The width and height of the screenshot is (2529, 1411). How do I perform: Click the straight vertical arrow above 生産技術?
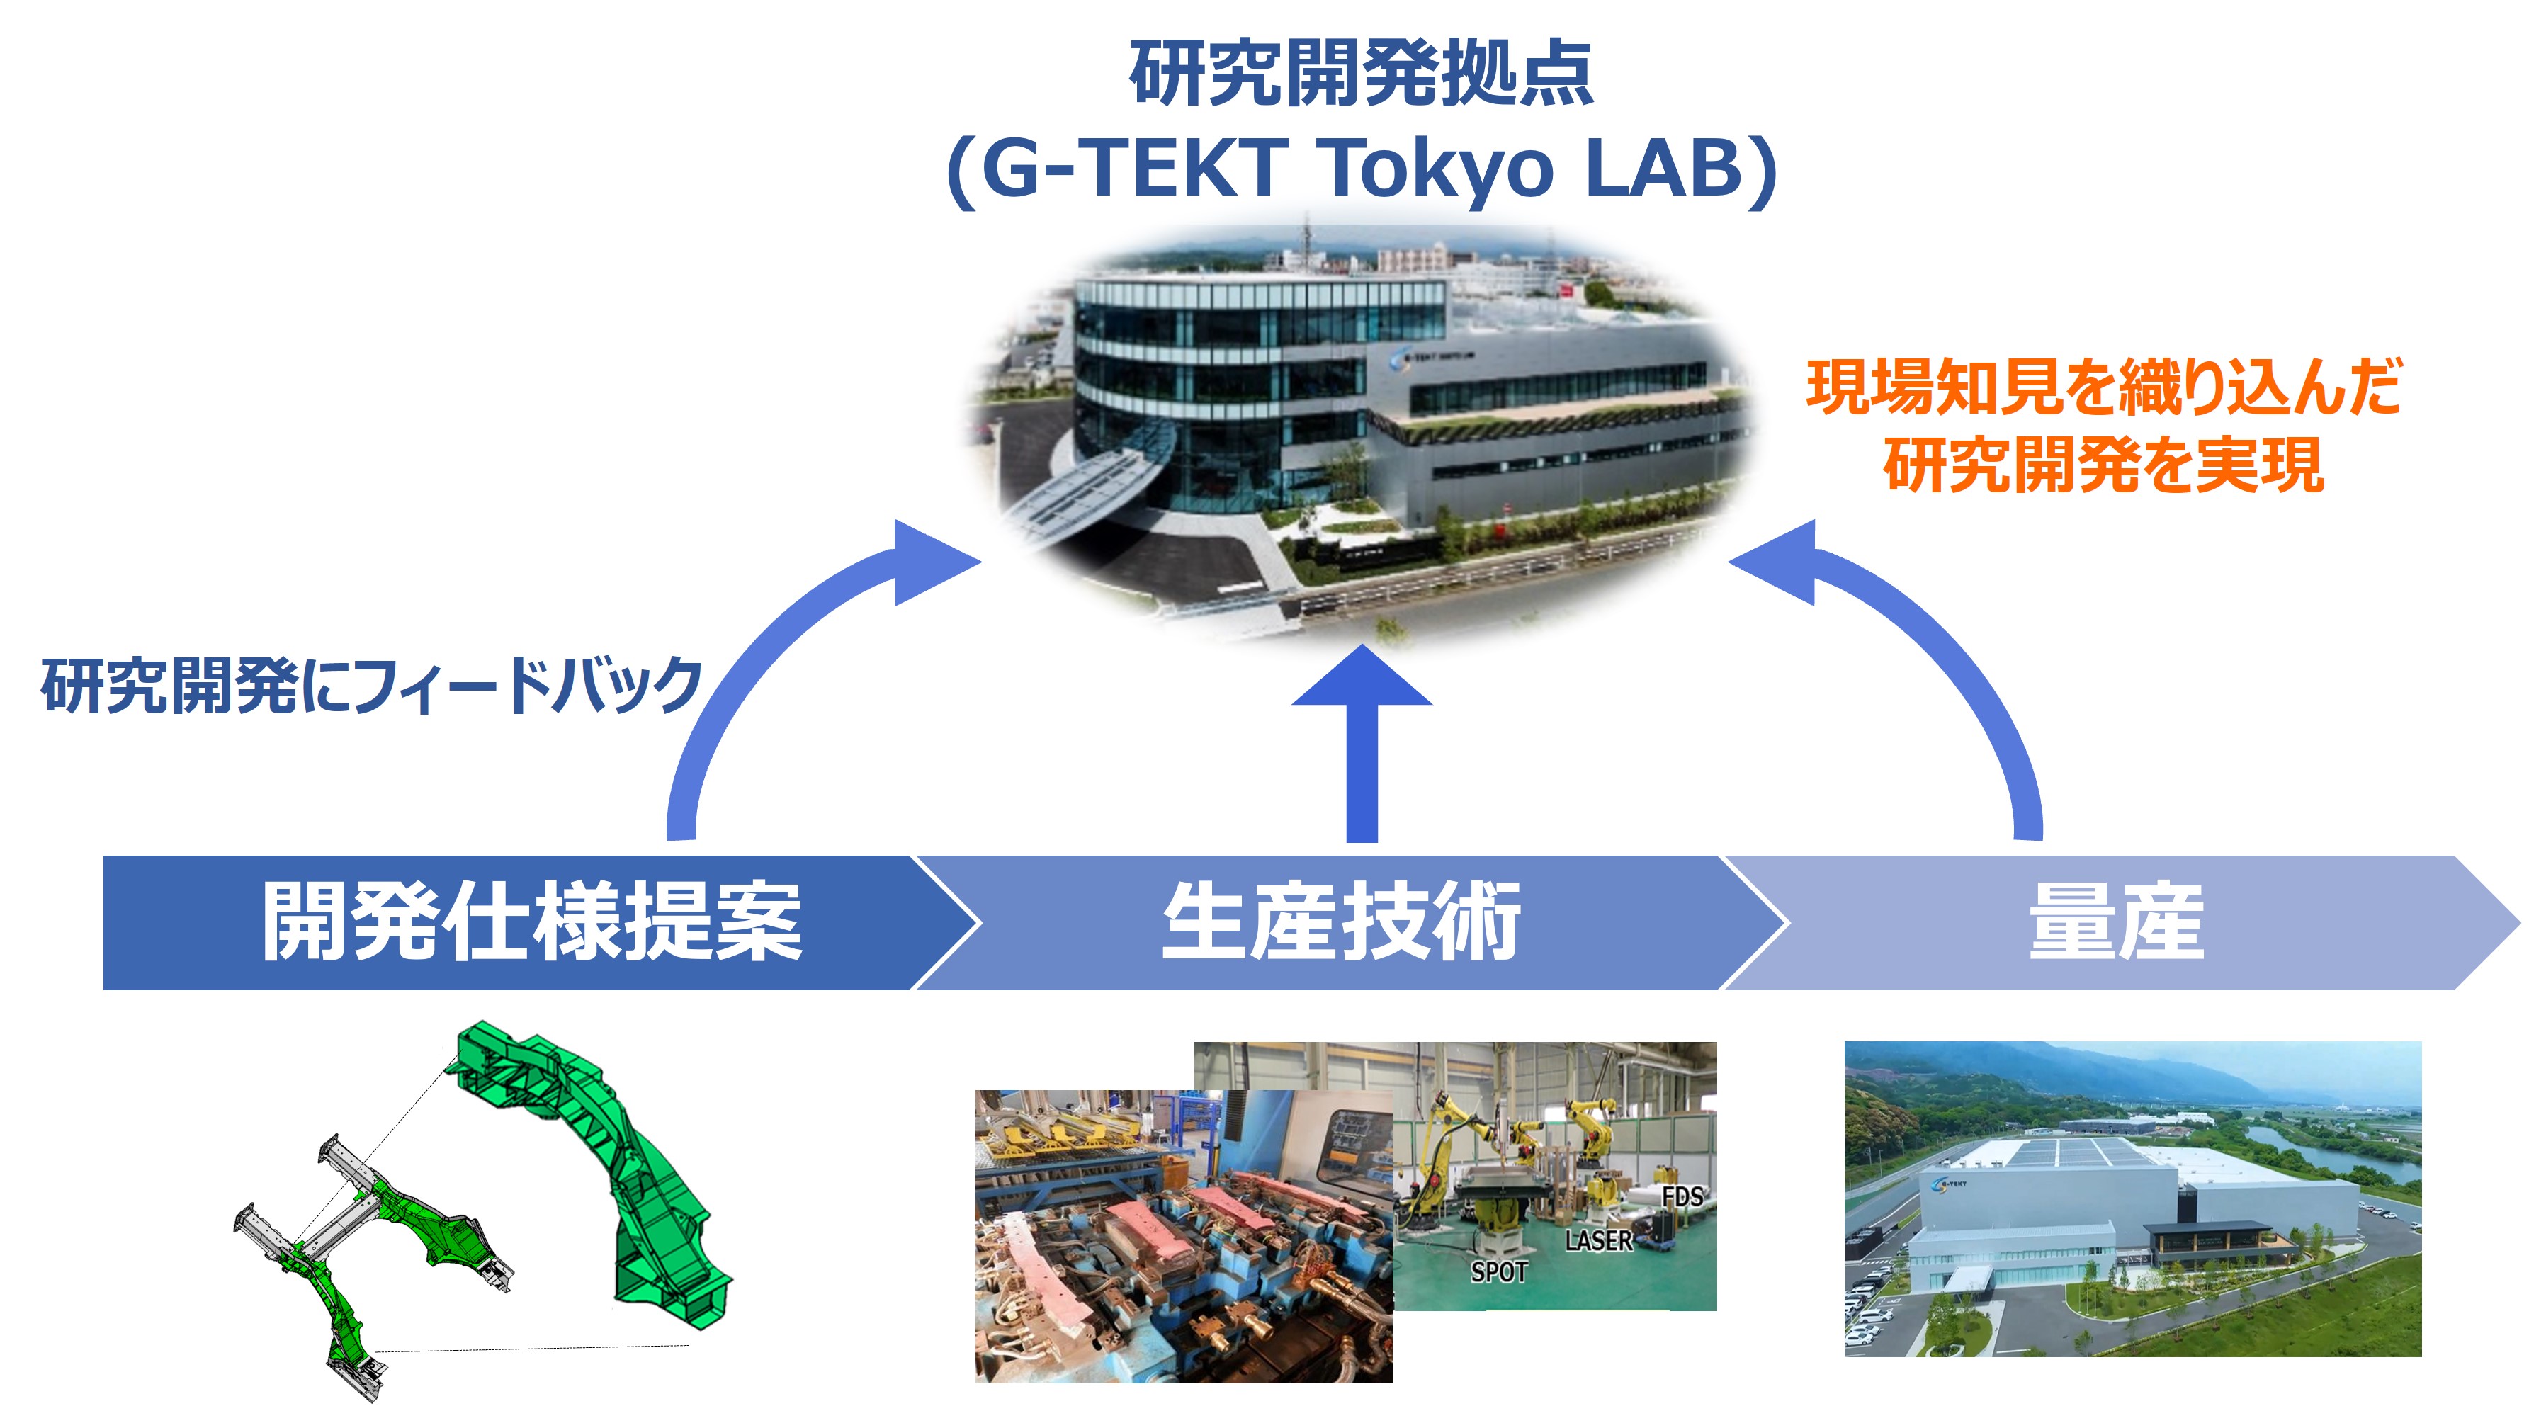[1362, 743]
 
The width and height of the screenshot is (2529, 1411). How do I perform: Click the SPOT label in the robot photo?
[1499, 1273]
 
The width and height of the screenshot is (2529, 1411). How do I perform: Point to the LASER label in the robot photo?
[1598, 1241]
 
